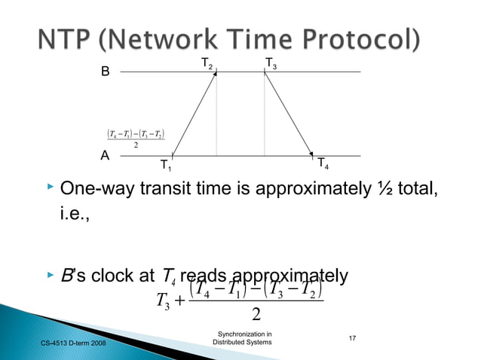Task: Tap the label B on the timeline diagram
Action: (106, 73)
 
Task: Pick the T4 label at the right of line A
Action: (322, 163)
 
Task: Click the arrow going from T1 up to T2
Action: (195, 114)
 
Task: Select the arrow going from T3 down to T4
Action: (289, 114)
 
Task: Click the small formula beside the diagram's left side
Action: (136, 139)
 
